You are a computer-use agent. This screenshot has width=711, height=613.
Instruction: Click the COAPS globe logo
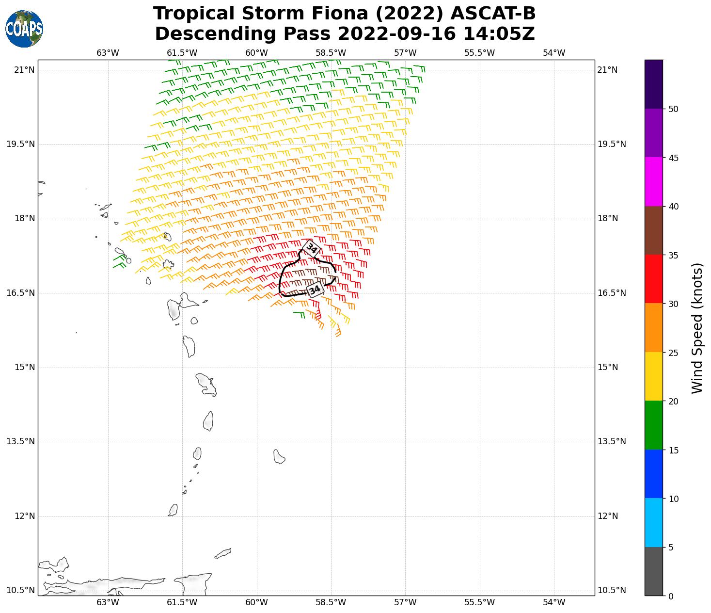24,29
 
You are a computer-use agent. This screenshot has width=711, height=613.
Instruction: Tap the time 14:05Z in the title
499,34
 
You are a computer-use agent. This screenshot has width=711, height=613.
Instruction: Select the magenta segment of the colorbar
654,182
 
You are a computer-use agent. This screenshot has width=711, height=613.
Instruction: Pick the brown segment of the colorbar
654,231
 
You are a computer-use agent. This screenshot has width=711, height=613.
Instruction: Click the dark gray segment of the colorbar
654,571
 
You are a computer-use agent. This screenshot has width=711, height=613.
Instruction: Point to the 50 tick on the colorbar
673,109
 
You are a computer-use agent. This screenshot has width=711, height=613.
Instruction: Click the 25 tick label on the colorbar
673,353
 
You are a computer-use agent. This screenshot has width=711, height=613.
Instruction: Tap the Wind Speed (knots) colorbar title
696,328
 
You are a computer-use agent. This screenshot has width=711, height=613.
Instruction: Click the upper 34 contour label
311,249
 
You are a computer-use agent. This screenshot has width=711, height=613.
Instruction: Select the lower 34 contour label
315,290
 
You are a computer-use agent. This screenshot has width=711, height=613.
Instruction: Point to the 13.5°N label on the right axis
612,441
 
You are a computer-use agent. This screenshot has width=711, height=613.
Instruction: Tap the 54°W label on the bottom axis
554,602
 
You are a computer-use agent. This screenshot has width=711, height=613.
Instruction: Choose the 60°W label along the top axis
256,53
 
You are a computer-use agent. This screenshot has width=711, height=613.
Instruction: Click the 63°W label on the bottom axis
108,602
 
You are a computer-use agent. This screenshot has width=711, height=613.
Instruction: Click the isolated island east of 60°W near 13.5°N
279,456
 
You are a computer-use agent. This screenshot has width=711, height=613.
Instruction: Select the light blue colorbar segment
654,523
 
